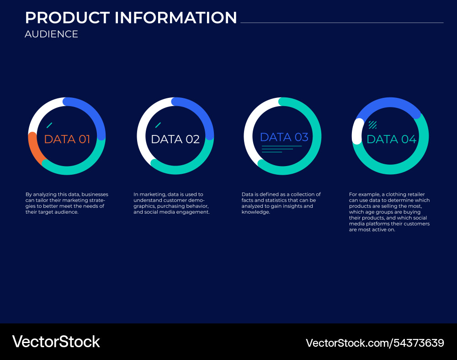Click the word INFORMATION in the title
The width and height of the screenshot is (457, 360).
pyautogui.click(x=176, y=18)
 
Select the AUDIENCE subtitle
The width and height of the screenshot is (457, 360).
pyautogui.click(x=51, y=34)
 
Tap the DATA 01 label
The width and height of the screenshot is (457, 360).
pyautogui.click(x=67, y=139)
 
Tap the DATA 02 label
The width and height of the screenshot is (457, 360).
pyautogui.click(x=175, y=139)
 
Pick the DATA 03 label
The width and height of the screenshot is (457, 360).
pyautogui.click(x=284, y=137)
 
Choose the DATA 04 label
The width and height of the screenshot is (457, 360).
pyautogui.click(x=392, y=139)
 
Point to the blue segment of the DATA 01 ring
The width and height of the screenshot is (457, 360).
pyautogui.click(x=94, y=112)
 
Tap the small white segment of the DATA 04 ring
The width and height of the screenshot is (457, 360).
pyautogui.click(x=356, y=131)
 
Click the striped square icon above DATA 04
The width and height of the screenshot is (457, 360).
pyautogui.click(x=372, y=124)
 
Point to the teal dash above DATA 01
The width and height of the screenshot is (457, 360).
pyautogui.click(x=49, y=125)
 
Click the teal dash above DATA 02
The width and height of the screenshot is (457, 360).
pyautogui.click(x=158, y=125)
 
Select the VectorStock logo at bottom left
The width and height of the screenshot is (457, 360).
pyautogui.click(x=56, y=342)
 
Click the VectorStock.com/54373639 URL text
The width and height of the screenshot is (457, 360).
pyautogui.click(x=375, y=343)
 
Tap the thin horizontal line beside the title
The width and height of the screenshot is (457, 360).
pyautogui.click(x=342, y=22)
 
